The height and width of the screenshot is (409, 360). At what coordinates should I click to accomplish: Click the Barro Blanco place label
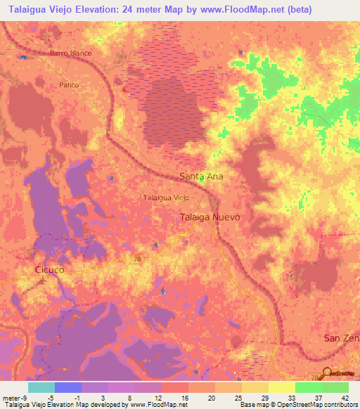(x=70, y=53)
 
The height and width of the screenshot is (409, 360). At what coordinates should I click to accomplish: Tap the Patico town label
(x=68, y=84)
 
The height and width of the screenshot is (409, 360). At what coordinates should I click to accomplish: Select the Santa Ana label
(x=201, y=176)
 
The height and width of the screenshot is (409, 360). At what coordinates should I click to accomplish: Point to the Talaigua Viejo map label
(x=166, y=198)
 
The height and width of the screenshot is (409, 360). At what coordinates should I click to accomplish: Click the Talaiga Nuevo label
(x=210, y=217)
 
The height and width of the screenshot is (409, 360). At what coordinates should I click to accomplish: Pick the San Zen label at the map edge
(x=341, y=338)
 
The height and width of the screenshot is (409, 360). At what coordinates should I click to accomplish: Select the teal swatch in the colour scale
(x=41, y=387)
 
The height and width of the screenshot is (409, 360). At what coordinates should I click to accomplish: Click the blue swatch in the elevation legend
(x=67, y=387)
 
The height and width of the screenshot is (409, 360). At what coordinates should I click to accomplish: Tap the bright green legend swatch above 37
(x=308, y=387)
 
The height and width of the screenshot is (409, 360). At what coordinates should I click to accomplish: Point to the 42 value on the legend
(x=345, y=398)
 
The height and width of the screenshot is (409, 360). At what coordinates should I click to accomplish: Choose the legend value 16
(x=184, y=398)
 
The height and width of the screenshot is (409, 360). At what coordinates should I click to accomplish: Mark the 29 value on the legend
(x=264, y=398)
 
